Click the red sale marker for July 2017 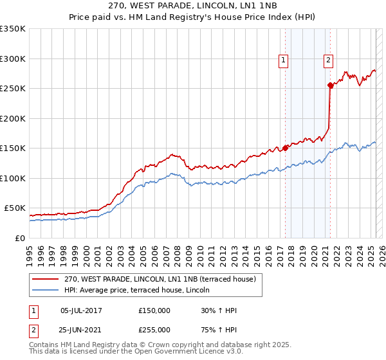(x=285, y=148)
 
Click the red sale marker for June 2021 (x=330, y=85)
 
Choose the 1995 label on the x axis (x=30, y=251)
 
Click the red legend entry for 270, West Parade (x=160, y=279)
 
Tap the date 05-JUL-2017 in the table (x=81, y=310)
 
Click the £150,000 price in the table (x=154, y=310)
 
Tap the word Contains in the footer (x=44, y=345)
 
